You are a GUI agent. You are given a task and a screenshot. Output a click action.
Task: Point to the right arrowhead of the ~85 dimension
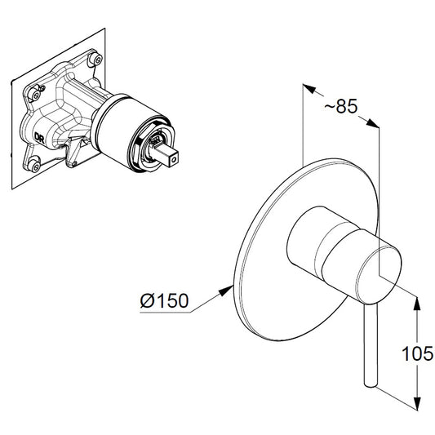(x=375, y=124)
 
